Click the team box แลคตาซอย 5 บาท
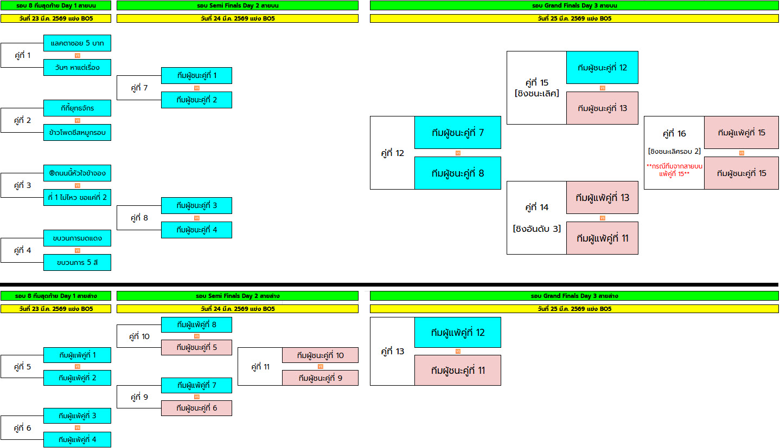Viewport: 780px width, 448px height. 77,43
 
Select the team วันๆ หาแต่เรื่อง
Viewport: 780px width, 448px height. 77,68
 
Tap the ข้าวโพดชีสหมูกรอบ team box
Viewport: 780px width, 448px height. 77,133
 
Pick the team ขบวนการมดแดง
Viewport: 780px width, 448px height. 77,238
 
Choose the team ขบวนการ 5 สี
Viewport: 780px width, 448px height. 77,263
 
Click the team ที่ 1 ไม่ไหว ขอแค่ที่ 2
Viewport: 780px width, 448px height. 77,198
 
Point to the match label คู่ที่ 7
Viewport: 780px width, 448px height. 139,88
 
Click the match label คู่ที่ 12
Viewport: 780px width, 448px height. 392,153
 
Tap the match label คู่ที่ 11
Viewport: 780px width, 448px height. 260,367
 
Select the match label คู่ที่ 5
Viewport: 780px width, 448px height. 22,367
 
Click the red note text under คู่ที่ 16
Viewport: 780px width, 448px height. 674,170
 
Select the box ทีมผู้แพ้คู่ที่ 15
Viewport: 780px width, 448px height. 741,133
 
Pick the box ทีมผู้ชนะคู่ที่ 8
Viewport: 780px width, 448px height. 457,173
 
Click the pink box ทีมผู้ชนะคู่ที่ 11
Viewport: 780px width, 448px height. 457,371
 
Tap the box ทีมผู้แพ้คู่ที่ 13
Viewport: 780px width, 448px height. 602,198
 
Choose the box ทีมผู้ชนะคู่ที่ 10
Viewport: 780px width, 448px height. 320,355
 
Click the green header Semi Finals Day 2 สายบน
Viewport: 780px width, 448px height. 237,5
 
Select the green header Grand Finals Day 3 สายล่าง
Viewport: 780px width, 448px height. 574,296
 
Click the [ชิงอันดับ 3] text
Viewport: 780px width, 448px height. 536,229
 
